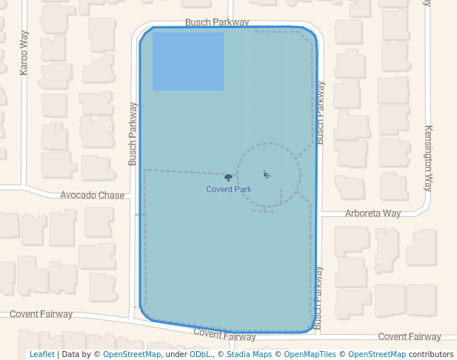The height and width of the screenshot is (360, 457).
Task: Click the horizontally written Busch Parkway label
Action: tap(217, 23)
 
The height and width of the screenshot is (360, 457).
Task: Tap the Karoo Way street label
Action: tap(24, 53)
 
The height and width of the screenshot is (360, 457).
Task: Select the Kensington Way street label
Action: tap(428, 159)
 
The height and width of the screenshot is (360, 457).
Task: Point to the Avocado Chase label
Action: tap(92, 196)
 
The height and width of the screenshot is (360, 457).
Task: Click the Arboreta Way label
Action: tap(373, 213)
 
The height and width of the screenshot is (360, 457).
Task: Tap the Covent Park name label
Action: tap(229, 190)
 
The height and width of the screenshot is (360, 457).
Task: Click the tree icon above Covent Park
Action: tap(228, 178)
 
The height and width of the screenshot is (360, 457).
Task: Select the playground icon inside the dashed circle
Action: tap(267, 175)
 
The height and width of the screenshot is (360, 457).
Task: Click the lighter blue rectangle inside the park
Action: tap(188, 61)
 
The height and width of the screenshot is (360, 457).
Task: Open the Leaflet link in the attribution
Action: tap(41, 355)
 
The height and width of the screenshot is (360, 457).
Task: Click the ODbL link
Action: tap(201, 355)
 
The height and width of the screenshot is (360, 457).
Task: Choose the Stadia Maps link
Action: tap(249, 355)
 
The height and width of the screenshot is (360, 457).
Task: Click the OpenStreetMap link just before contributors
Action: tap(377, 355)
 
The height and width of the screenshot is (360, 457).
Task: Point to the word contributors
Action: tap(431, 355)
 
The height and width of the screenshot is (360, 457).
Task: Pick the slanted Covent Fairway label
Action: tap(224, 335)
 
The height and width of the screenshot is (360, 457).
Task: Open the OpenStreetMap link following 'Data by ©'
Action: tap(132, 355)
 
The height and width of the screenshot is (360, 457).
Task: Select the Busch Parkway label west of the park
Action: tap(133, 133)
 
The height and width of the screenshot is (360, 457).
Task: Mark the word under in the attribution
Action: tap(176, 355)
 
